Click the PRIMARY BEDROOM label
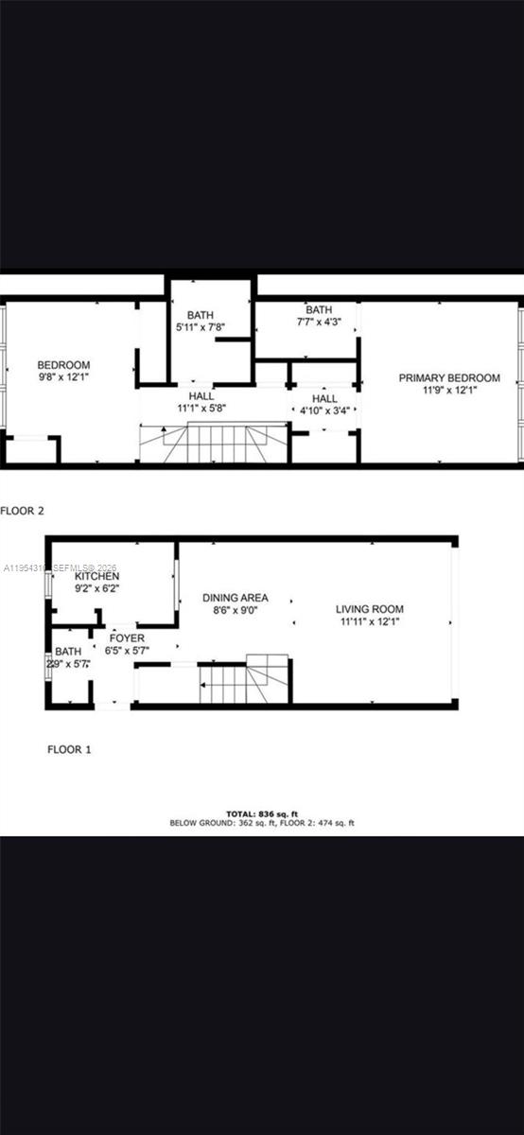pos(449,378)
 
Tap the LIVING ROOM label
pos(370,609)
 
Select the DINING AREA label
pos(236,598)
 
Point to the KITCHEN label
pos(97,576)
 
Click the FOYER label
pos(128,638)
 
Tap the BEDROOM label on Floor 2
pos(63,365)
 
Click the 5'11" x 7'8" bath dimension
pos(201,327)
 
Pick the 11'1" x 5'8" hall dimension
pos(201,409)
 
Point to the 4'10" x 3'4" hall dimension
pos(325,410)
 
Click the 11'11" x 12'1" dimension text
pos(370,621)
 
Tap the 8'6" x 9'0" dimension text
pos(236,610)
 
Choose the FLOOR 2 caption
pos(23,511)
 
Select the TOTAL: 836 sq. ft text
pos(262,812)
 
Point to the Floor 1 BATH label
pos(68,652)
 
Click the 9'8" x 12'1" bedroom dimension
pos(63,377)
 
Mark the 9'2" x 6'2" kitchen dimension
pos(97,588)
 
